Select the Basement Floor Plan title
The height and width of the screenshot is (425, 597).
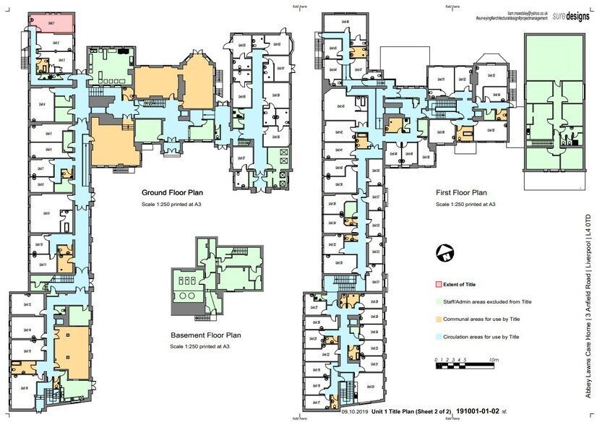pyautogui.click(x=206, y=335)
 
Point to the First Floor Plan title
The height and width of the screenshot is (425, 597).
pyautogui.click(x=461, y=194)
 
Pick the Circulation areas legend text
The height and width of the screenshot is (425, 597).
pyautogui.click(x=481, y=337)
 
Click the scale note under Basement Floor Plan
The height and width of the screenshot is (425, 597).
pyautogui.click(x=206, y=347)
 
